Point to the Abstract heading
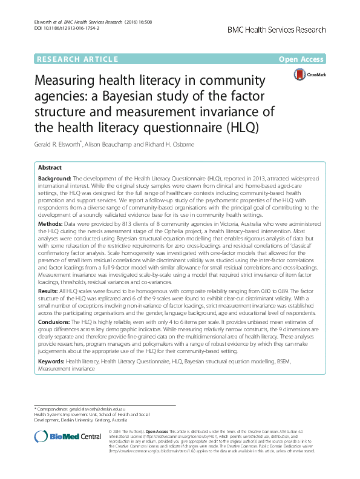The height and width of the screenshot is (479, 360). pyautogui.click(x=50, y=167)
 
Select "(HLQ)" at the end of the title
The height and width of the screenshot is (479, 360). pyautogui.click(x=241, y=128)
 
